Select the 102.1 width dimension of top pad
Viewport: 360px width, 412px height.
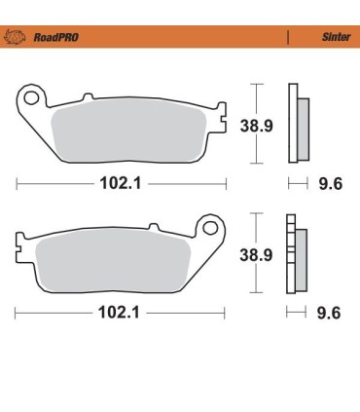click(x=122, y=182)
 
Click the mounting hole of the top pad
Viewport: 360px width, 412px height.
click(x=32, y=98)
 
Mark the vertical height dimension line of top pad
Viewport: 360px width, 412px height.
click(x=255, y=123)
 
